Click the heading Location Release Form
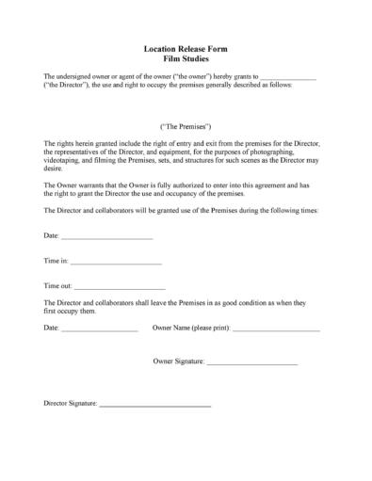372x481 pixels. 186,48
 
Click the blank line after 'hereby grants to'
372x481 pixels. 288,77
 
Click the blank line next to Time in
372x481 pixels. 116,262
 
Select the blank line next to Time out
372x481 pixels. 120,286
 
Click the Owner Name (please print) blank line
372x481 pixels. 276,330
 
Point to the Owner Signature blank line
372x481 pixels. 251,362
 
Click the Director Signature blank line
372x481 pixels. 155,405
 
